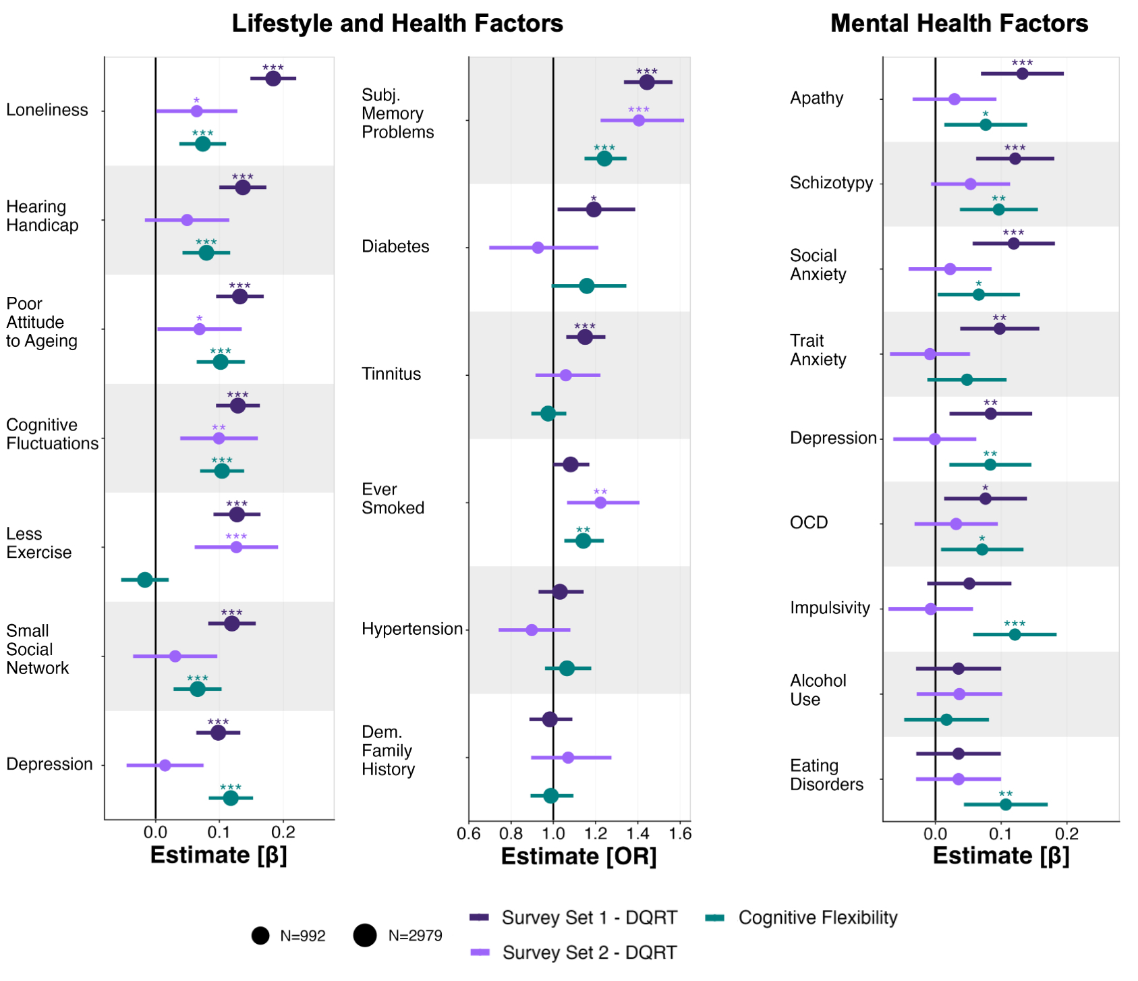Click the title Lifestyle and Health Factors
click(397, 24)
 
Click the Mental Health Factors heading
click(959, 24)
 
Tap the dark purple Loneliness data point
click(273, 79)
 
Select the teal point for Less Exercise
click(145, 580)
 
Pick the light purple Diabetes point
click(538, 248)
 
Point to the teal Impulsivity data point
click(1015, 634)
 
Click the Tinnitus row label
click(391, 374)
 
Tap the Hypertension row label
click(412, 629)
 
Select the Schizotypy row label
click(831, 183)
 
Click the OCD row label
click(809, 523)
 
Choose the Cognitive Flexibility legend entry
click(818, 918)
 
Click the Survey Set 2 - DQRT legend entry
click(589, 953)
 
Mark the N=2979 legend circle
click(365, 936)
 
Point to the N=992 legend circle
click(260, 936)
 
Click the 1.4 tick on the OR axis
click(637, 834)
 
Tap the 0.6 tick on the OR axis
click(470, 834)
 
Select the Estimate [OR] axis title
click(579, 856)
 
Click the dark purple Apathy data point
click(1022, 74)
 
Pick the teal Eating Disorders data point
click(1006, 804)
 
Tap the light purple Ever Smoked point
click(600, 503)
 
